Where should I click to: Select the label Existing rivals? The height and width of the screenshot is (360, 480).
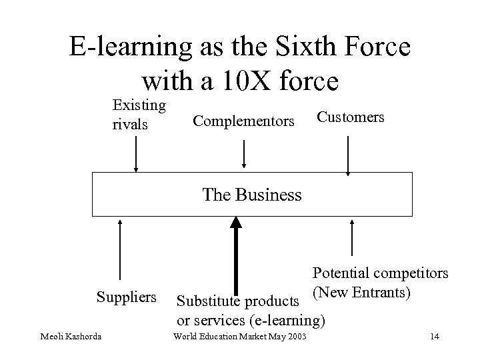pyautogui.click(x=139, y=115)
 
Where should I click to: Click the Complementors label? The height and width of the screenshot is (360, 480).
pyautogui.click(x=243, y=121)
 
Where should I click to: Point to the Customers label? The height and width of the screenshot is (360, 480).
pyautogui.click(x=350, y=117)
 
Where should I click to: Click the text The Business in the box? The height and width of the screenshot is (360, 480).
pyautogui.click(x=251, y=195)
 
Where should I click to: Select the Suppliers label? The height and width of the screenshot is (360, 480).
pyautogui.click(x=127, y=295)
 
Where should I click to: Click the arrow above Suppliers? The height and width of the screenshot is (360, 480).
pyautogui.click(x=119, y=250)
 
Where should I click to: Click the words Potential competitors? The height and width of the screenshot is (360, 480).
pyautogui.click(x=381, y=273)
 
